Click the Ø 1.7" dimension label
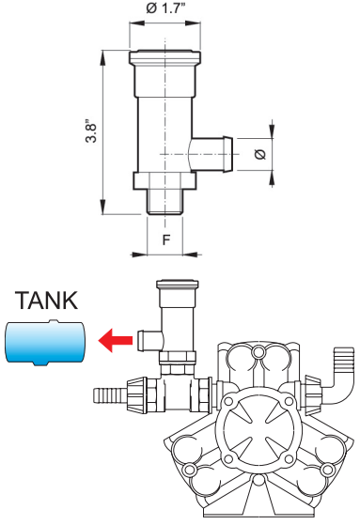pyautogui.click(x=165, y=8)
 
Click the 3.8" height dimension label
pyautogui.click(x=91, y=131)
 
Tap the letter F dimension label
pyautogui.click(x=166, y=239)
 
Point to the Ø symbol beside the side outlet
pyautogui.click(x=260, y=154)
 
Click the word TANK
pyautogui.click(x=46, y=300)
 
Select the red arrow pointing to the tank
pyautogui.click(x=116, y=340)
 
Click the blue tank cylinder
pyautogui.click(x=45, y=342)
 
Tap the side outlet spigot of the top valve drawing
pyautogui.click(x=212, y=154)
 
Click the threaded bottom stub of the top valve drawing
pyautogui.click(x=164, y=202)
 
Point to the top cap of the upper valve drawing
pyautogui.click(x=165, y=57)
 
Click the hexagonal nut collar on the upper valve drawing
pyautogui.click(x=164, y=181)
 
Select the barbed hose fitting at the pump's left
pyautogui.click(x=110, y=395)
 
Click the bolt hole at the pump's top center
pyautogui.click(x=258, y=352)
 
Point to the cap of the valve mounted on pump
pyautogui.click(x=178, y=285)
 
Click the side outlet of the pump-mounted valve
pyautogui.click(x=150, y=340)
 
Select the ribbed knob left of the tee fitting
pyautogui.click(x=136, y=394)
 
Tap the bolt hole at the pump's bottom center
pyautogui.click(x=258, y=480)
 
